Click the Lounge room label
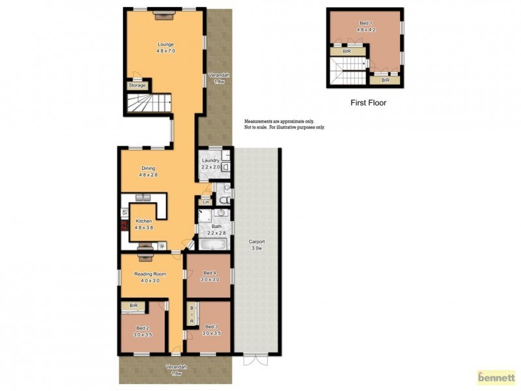166,44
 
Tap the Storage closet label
137,85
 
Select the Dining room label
148,169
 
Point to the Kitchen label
143,222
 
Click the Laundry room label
210,160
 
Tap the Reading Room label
147,274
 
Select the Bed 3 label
212,326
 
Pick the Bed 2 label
143,328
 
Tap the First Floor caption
369,102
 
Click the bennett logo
496,377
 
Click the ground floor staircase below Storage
148,103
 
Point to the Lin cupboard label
206,202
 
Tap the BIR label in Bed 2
134,306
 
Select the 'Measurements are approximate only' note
279,122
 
